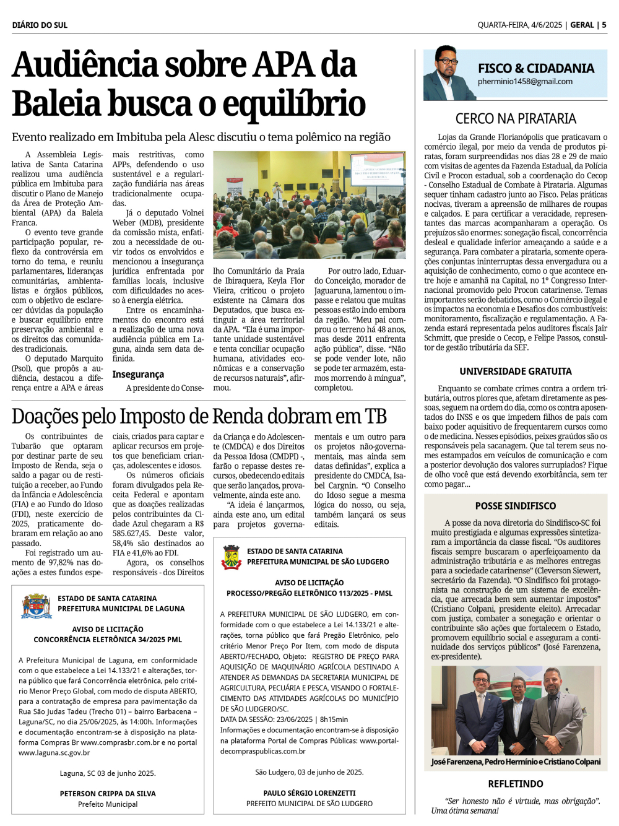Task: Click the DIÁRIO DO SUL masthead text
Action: (x=40, y=25)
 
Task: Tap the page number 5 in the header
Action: (x=604, y=25)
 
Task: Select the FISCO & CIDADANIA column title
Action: (x=535, y=68)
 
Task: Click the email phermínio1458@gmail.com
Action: (x=525, y=82)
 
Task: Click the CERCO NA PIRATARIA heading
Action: (x=516, y=118)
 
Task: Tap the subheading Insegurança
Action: (x=138, y=374)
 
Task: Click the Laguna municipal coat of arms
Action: (x=37, y=606)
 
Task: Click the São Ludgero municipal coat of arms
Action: (x=232, y=557)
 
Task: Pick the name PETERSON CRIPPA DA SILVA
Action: (x=108, y=793)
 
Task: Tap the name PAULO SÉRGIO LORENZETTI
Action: (x=309, y=793)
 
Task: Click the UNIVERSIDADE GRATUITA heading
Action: (x=516, y=371)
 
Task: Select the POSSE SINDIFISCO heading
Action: (x=516, y=506)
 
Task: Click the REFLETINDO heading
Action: (x=516, y=784)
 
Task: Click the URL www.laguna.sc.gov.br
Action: (x=54, y=753)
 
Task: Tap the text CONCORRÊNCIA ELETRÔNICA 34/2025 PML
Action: (x=108, y=640)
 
